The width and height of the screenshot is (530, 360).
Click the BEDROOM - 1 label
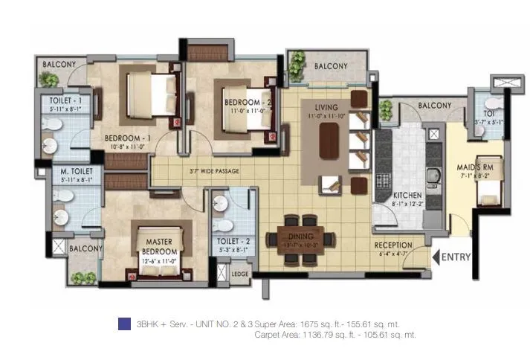[x=127, y=138]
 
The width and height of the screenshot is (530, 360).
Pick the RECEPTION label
[x=393, y=245]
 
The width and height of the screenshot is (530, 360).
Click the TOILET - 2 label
[x=228, y=242]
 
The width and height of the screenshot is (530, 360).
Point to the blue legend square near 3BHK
[x=123, y=324]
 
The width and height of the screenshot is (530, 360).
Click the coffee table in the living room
[x=329, y=141]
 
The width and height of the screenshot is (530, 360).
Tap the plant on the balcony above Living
[x=297, y=65]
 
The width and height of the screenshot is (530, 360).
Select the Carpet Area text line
[x=335, y=335]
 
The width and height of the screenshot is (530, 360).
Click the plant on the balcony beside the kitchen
[x=385, y=110]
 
